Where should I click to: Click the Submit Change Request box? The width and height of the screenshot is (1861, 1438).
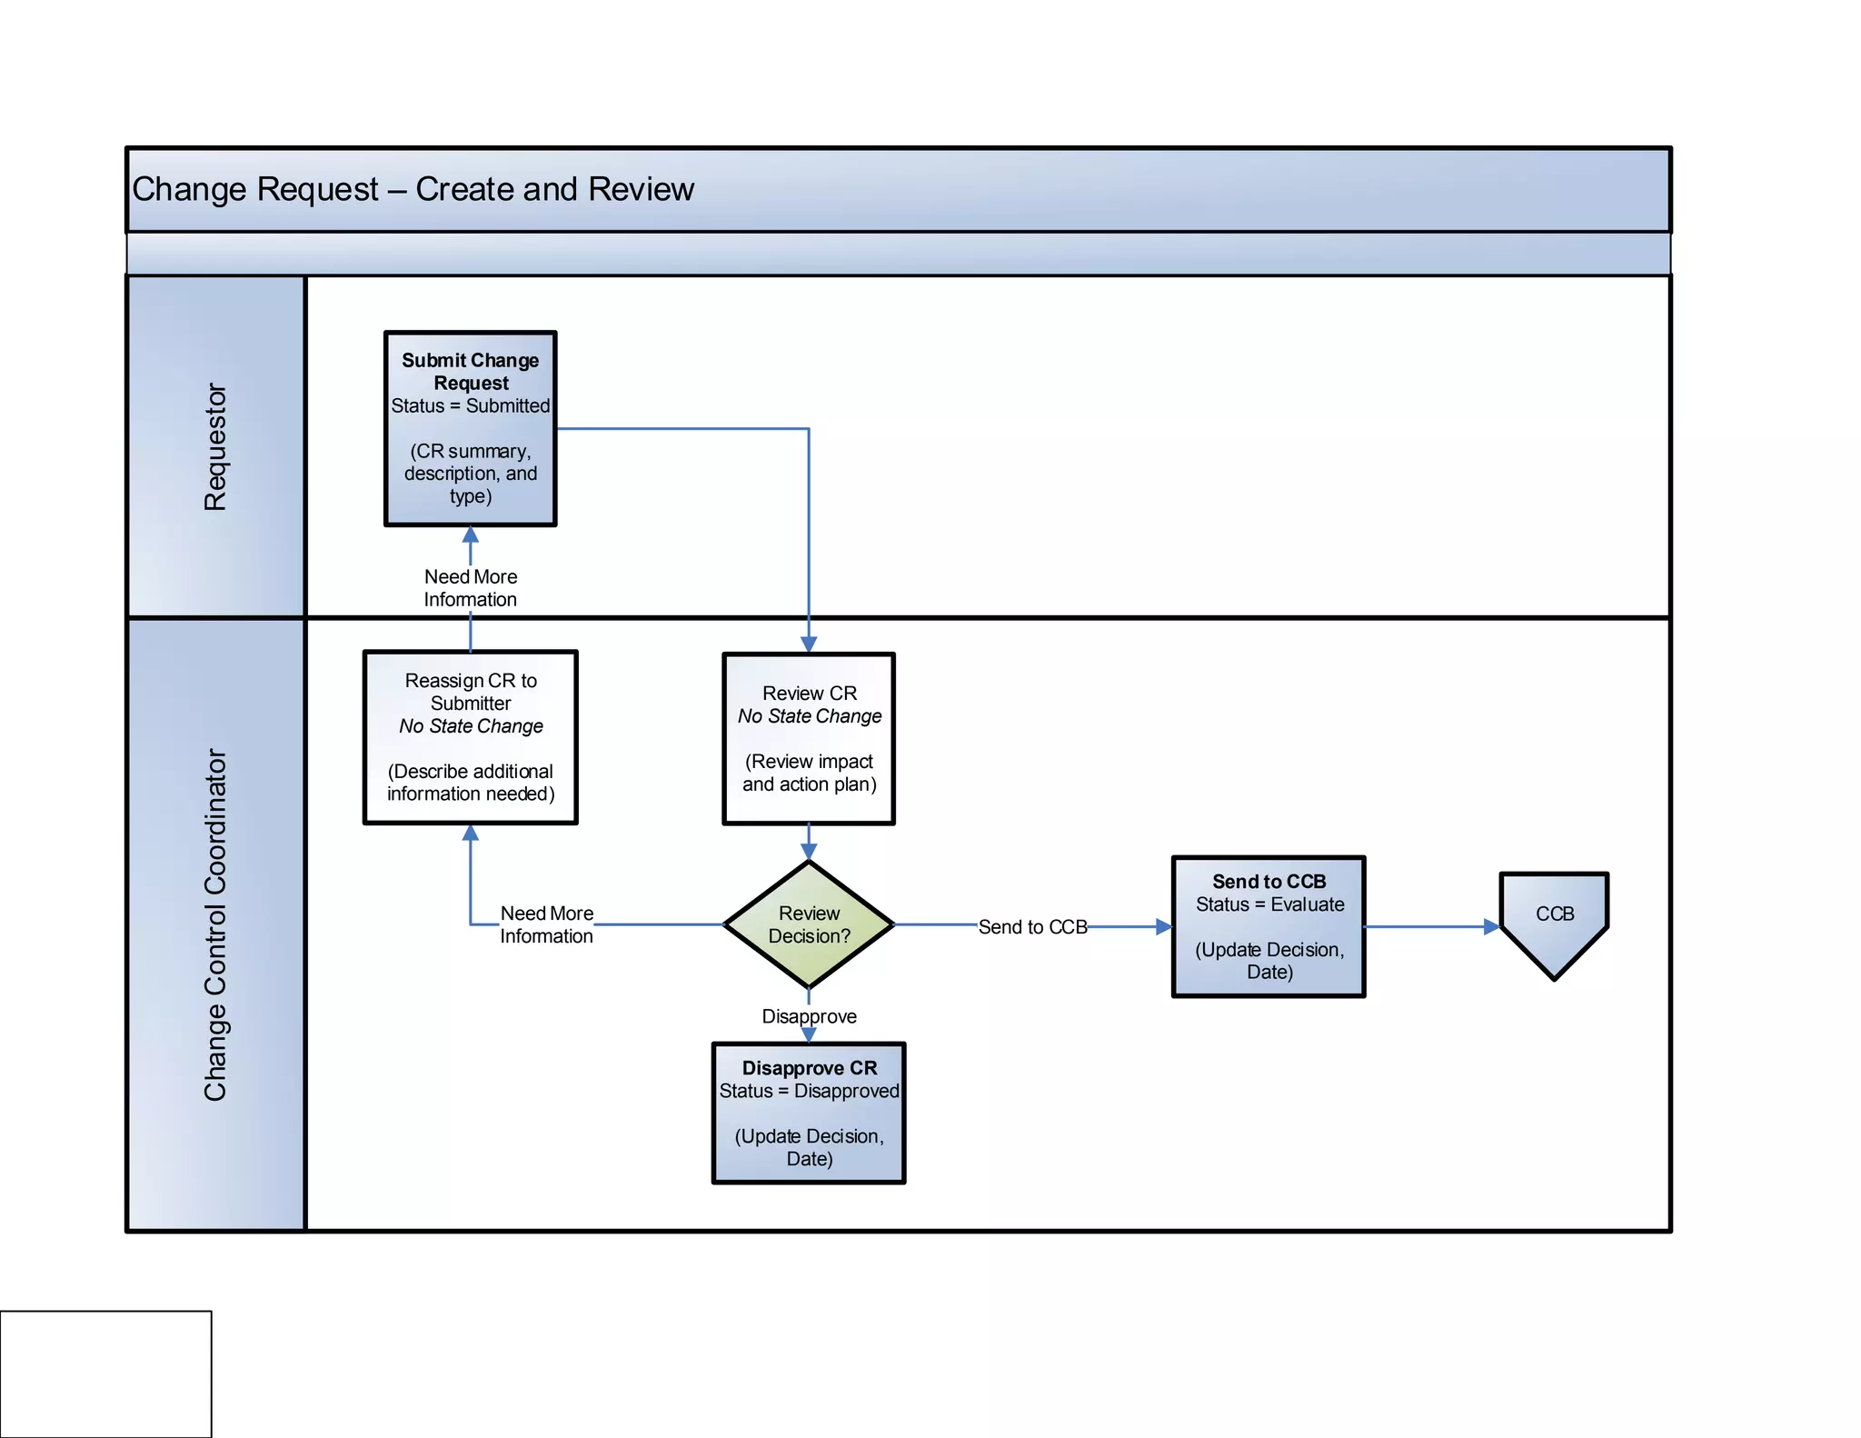[x=470, y=429]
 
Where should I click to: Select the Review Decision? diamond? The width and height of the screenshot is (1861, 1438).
[x=809, y=924]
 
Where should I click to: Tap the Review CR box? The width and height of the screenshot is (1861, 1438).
[x=809, y=738]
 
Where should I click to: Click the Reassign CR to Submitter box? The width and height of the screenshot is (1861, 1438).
[x=470, y=737]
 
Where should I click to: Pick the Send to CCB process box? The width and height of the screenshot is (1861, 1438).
[x=1269, y=926]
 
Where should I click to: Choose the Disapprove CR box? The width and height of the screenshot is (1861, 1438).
[x=809, y=1113]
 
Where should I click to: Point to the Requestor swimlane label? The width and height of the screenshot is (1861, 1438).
[x=215, y=446]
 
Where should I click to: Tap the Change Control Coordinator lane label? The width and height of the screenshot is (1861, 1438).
[x=215, y=924]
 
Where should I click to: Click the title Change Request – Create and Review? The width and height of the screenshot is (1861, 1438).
[x=413, y=189]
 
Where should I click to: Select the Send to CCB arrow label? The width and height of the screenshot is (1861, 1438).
[x=1032, y=927]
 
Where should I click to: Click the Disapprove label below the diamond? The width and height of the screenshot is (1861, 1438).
[x=809, y=1016]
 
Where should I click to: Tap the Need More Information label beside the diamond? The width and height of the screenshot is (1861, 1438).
[x=546, y=924]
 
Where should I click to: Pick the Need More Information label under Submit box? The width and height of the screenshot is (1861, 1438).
[x=470, y=588]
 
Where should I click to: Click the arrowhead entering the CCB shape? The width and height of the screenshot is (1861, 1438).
[x=1491, y=927]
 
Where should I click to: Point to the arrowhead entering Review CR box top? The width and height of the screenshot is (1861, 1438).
[x=809, y=644]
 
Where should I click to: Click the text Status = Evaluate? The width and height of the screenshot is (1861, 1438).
[x=1269, y=904]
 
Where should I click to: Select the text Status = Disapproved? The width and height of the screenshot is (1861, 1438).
[x=809, y=1091]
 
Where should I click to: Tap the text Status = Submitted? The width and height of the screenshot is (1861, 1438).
[x=470, y=405]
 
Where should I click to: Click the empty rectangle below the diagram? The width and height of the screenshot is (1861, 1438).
[x=105, y=1373]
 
